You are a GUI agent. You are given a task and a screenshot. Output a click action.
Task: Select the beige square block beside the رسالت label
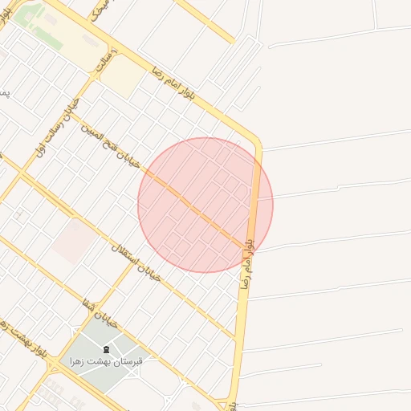pos(122,77)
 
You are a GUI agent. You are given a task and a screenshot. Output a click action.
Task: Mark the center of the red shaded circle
pos(205,205)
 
